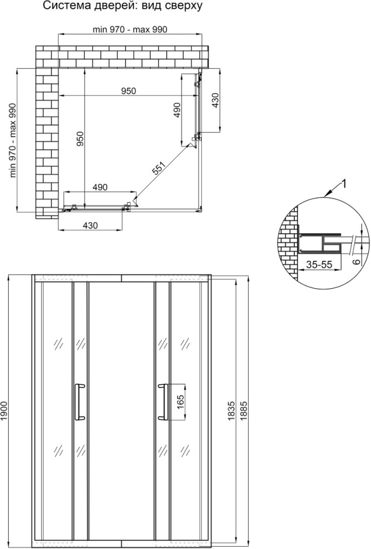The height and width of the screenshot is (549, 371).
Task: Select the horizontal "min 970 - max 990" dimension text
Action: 130,30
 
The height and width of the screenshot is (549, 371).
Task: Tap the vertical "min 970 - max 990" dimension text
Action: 13,141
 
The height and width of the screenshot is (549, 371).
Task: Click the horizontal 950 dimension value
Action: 128,91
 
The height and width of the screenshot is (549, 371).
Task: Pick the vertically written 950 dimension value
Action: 81,139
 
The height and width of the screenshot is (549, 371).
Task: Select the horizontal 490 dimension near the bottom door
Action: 100,187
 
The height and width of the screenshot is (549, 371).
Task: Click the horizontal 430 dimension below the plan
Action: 91,226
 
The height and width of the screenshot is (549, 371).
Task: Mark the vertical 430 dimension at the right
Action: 215,100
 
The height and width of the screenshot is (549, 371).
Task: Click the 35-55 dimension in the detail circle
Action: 319,265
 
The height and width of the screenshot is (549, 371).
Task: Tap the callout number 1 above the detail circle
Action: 344,183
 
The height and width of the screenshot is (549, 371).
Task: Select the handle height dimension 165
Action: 180,401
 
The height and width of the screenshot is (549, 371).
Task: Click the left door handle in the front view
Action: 79,401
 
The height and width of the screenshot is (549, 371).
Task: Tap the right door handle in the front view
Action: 163,401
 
